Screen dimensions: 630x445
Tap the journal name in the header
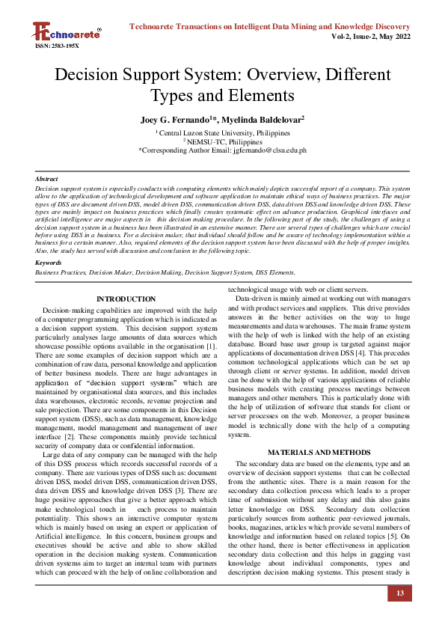pos(270,27)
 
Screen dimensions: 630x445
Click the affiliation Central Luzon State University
pos(223,132)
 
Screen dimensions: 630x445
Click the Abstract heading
pos(47,180)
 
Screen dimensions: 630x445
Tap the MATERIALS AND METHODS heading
pos(319,453)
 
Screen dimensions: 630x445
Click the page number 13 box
pos(399,594)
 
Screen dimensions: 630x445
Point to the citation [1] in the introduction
pos(211,346)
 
